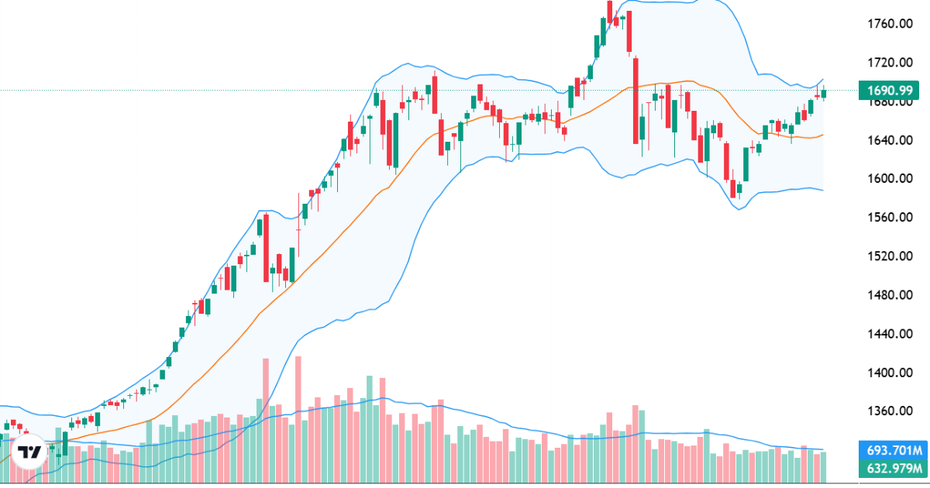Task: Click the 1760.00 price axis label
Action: (x=888, y=24)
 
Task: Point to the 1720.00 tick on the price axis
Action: (x=888, y=63)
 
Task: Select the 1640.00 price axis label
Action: (x=888, y=140)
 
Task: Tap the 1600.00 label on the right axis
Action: (x=888, y=179)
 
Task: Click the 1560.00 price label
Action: (x=888, y=218)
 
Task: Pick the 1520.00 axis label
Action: (x=888, y=256)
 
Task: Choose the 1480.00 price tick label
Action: (x=888, y=295)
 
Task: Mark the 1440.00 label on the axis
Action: (x=888, y=334)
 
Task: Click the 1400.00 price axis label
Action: (x=888, y=373)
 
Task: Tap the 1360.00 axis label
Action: (x=888, y=411)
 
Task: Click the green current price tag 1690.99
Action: (x=892, y=90)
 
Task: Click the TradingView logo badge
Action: (x=30, y=453)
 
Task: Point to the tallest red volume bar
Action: (x=298, y=418)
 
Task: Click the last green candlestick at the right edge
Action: (x=824, y=94)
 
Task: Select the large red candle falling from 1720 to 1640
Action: (x=635, y=101)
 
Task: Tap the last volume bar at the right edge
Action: (x=824, y=466)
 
